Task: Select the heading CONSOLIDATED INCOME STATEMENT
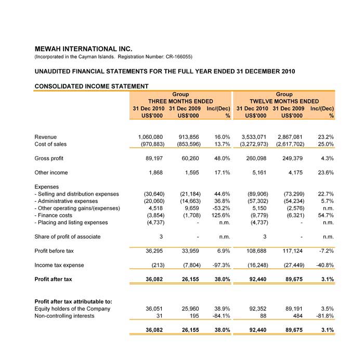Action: click(x=91, y=86)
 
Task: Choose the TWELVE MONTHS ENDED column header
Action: click(x=284, y=101)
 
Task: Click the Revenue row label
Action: click(x=46, y=137)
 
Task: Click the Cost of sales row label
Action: click(x=50, y=144)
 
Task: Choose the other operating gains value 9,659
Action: click(x=185, y=208)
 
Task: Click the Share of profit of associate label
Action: click(x=67, y=237)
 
